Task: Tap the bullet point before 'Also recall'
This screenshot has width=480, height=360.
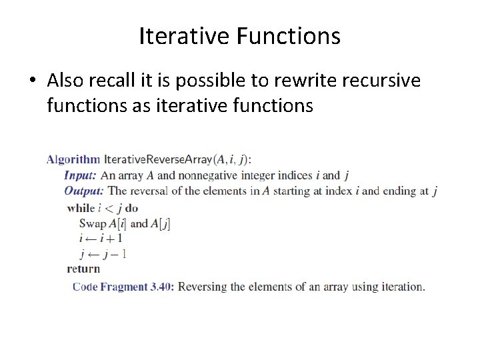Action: (33, 81)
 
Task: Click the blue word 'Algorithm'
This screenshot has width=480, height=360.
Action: (73, 159)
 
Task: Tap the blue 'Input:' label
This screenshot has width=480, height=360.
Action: (81, 175)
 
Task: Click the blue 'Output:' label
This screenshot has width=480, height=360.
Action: (84, 191)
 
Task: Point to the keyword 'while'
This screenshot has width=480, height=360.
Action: (81, 208)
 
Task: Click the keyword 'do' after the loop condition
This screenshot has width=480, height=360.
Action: (131, 208)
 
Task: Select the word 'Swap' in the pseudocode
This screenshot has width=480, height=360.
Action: (93, 223)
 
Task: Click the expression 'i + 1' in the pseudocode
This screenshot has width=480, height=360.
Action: (111, 238)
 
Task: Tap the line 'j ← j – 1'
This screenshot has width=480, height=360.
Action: (103, 253)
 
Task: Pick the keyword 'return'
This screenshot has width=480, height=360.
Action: (83, 269)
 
